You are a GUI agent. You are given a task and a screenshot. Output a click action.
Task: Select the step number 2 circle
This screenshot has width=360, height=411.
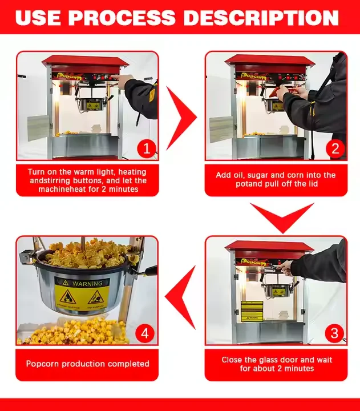click(x=335, y=149)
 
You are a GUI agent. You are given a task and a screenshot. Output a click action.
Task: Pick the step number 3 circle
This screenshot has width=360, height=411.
click(x=335, y=333)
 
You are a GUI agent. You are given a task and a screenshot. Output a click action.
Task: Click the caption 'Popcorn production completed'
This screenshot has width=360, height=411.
click(x=87, y=364)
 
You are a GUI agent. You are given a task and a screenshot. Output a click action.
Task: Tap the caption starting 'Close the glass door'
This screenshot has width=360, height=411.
click(x=277, y=364)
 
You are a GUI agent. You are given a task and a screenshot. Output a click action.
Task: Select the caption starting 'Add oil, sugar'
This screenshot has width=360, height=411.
click(x=276, y=179)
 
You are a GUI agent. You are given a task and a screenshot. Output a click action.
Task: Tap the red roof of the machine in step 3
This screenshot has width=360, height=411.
click(x=269, y=247)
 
